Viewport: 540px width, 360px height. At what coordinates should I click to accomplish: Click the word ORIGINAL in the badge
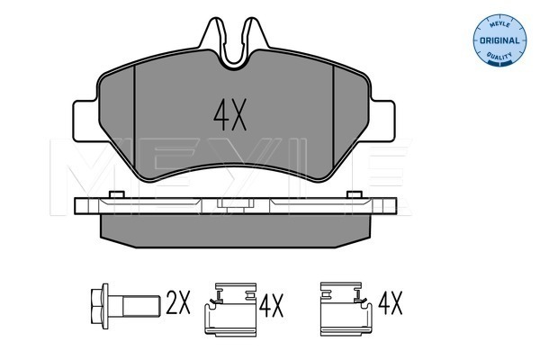click(498, 40)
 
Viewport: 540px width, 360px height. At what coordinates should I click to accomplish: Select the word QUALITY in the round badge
click(498, 58)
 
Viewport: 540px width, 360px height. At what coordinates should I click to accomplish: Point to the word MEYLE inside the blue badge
click(498, 22)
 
